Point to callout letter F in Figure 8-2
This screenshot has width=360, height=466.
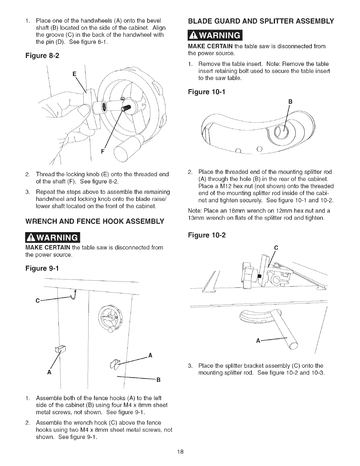pyautogui.click(x=103, y=152)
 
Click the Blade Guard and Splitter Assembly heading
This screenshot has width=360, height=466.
pyautogui.click(x=261, y=21)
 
